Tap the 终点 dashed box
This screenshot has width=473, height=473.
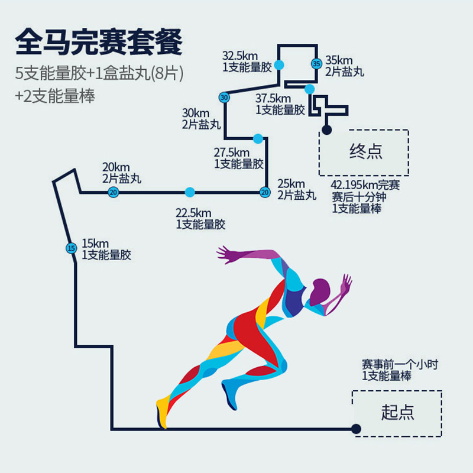coord(364,153)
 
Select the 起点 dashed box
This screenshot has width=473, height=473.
coord(397,413)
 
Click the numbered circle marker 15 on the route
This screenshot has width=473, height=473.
coord(72,248)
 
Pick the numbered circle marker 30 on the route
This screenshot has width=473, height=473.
coord(223,98)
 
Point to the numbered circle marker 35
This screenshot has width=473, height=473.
coord(316,64)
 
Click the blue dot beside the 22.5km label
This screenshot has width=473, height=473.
coord(189,192)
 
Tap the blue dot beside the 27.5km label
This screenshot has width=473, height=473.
coord(257,138)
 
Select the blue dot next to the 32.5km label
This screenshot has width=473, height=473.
coord(279,64)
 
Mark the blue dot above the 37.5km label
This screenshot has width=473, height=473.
coord(309,89)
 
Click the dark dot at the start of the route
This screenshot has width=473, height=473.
coord(356,429)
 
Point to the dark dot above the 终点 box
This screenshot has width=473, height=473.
coord(326,129)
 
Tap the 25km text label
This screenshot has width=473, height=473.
coord(291,183)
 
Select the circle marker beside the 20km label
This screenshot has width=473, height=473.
coord(113,192)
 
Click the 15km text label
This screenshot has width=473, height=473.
coord(95,243)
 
